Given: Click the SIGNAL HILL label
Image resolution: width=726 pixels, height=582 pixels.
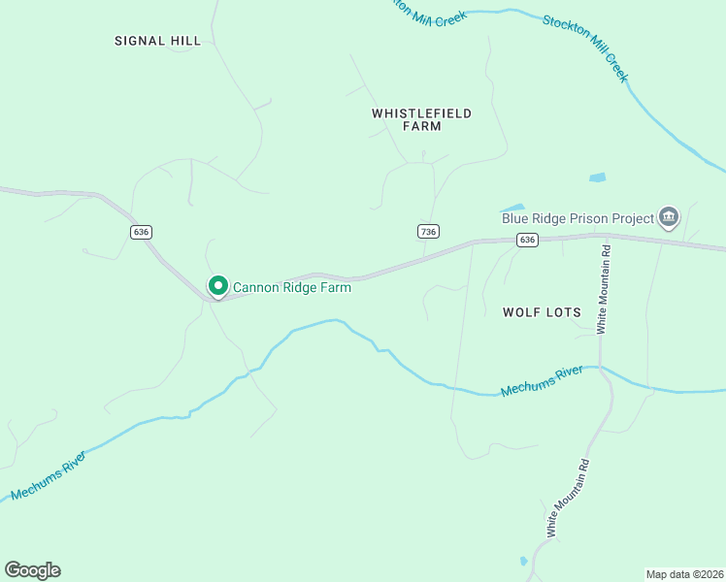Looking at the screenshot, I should [x=157, y=41].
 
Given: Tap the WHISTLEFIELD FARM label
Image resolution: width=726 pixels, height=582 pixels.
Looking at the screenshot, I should [x=421, y=119].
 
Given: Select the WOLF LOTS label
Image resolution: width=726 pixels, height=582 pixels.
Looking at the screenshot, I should [x=542, y=312].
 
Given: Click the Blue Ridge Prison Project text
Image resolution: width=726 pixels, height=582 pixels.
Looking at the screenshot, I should [x=577, y=218].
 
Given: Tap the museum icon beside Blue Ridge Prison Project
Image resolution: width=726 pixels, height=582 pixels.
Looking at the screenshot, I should [x=668, y=217].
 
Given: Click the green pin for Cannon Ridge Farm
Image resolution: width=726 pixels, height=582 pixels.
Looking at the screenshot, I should [x=218, y=286].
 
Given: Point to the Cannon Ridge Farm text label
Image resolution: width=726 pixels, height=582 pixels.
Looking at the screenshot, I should [x=291, y=287].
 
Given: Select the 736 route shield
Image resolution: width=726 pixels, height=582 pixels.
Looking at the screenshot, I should [x=429, y=231].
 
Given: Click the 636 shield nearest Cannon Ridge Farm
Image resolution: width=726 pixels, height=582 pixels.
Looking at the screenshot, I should [x=142, y=232].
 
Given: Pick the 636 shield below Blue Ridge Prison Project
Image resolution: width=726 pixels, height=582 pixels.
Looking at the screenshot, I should [x=527, y=240].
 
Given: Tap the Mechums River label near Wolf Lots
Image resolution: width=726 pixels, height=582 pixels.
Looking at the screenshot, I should [x=542, y=380].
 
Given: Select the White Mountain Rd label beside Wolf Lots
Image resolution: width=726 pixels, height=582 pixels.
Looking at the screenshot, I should [x=603, y=288].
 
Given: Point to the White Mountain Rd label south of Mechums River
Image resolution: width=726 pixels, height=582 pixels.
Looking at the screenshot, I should [x=567, y=498].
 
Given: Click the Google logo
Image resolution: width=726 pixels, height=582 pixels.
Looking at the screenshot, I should [x=32, y=570].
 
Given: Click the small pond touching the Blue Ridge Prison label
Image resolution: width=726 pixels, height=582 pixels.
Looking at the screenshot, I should [x=512, y=208].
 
